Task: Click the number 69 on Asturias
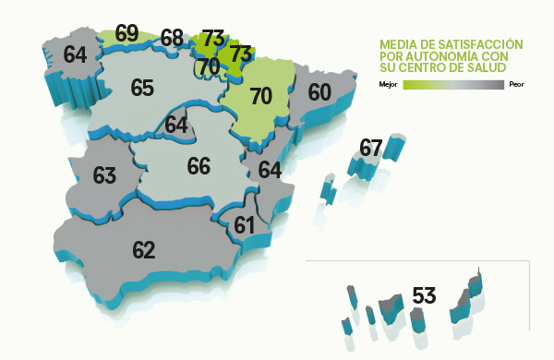point(127,34)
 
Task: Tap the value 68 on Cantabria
point(172,39)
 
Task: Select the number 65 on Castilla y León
point(142,89)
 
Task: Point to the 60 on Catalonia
point(319,92)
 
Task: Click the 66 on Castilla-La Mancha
point(199,166)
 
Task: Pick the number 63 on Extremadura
point(104,175)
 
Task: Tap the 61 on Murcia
point(245,225)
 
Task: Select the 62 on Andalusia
point(143,250)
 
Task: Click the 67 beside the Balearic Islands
point(371,148)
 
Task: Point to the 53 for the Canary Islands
point(424,296)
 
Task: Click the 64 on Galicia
point(76,54)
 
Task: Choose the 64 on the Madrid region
point(176,125)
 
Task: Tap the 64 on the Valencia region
point(270,171)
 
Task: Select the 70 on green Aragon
point(261,95)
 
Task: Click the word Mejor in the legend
point(388,85)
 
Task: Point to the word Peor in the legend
point(515,85)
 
